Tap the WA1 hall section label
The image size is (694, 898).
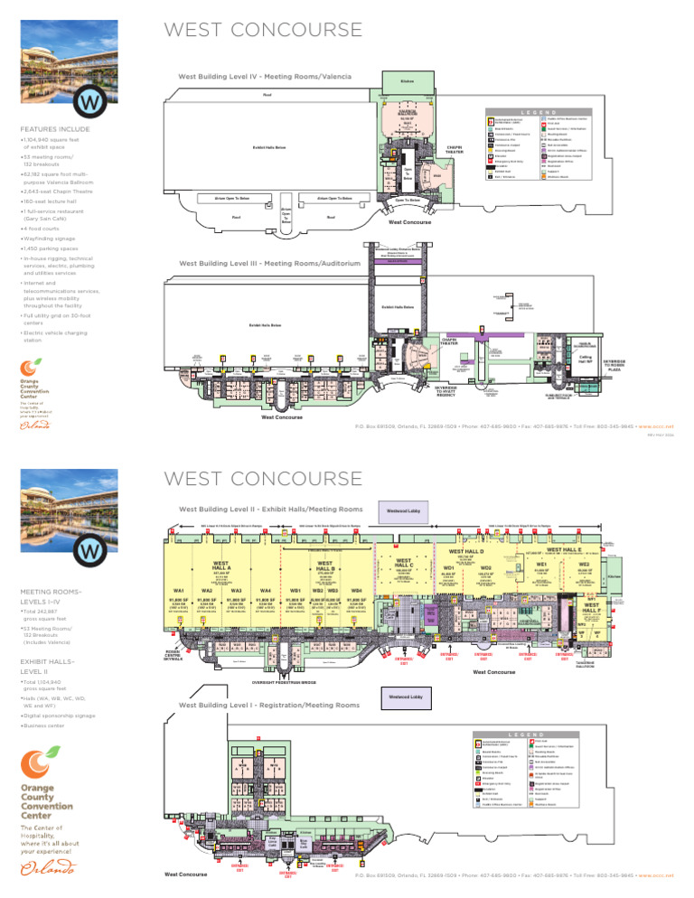[x=178, y=590]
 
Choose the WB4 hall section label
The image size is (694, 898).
[x=356, y=590]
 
